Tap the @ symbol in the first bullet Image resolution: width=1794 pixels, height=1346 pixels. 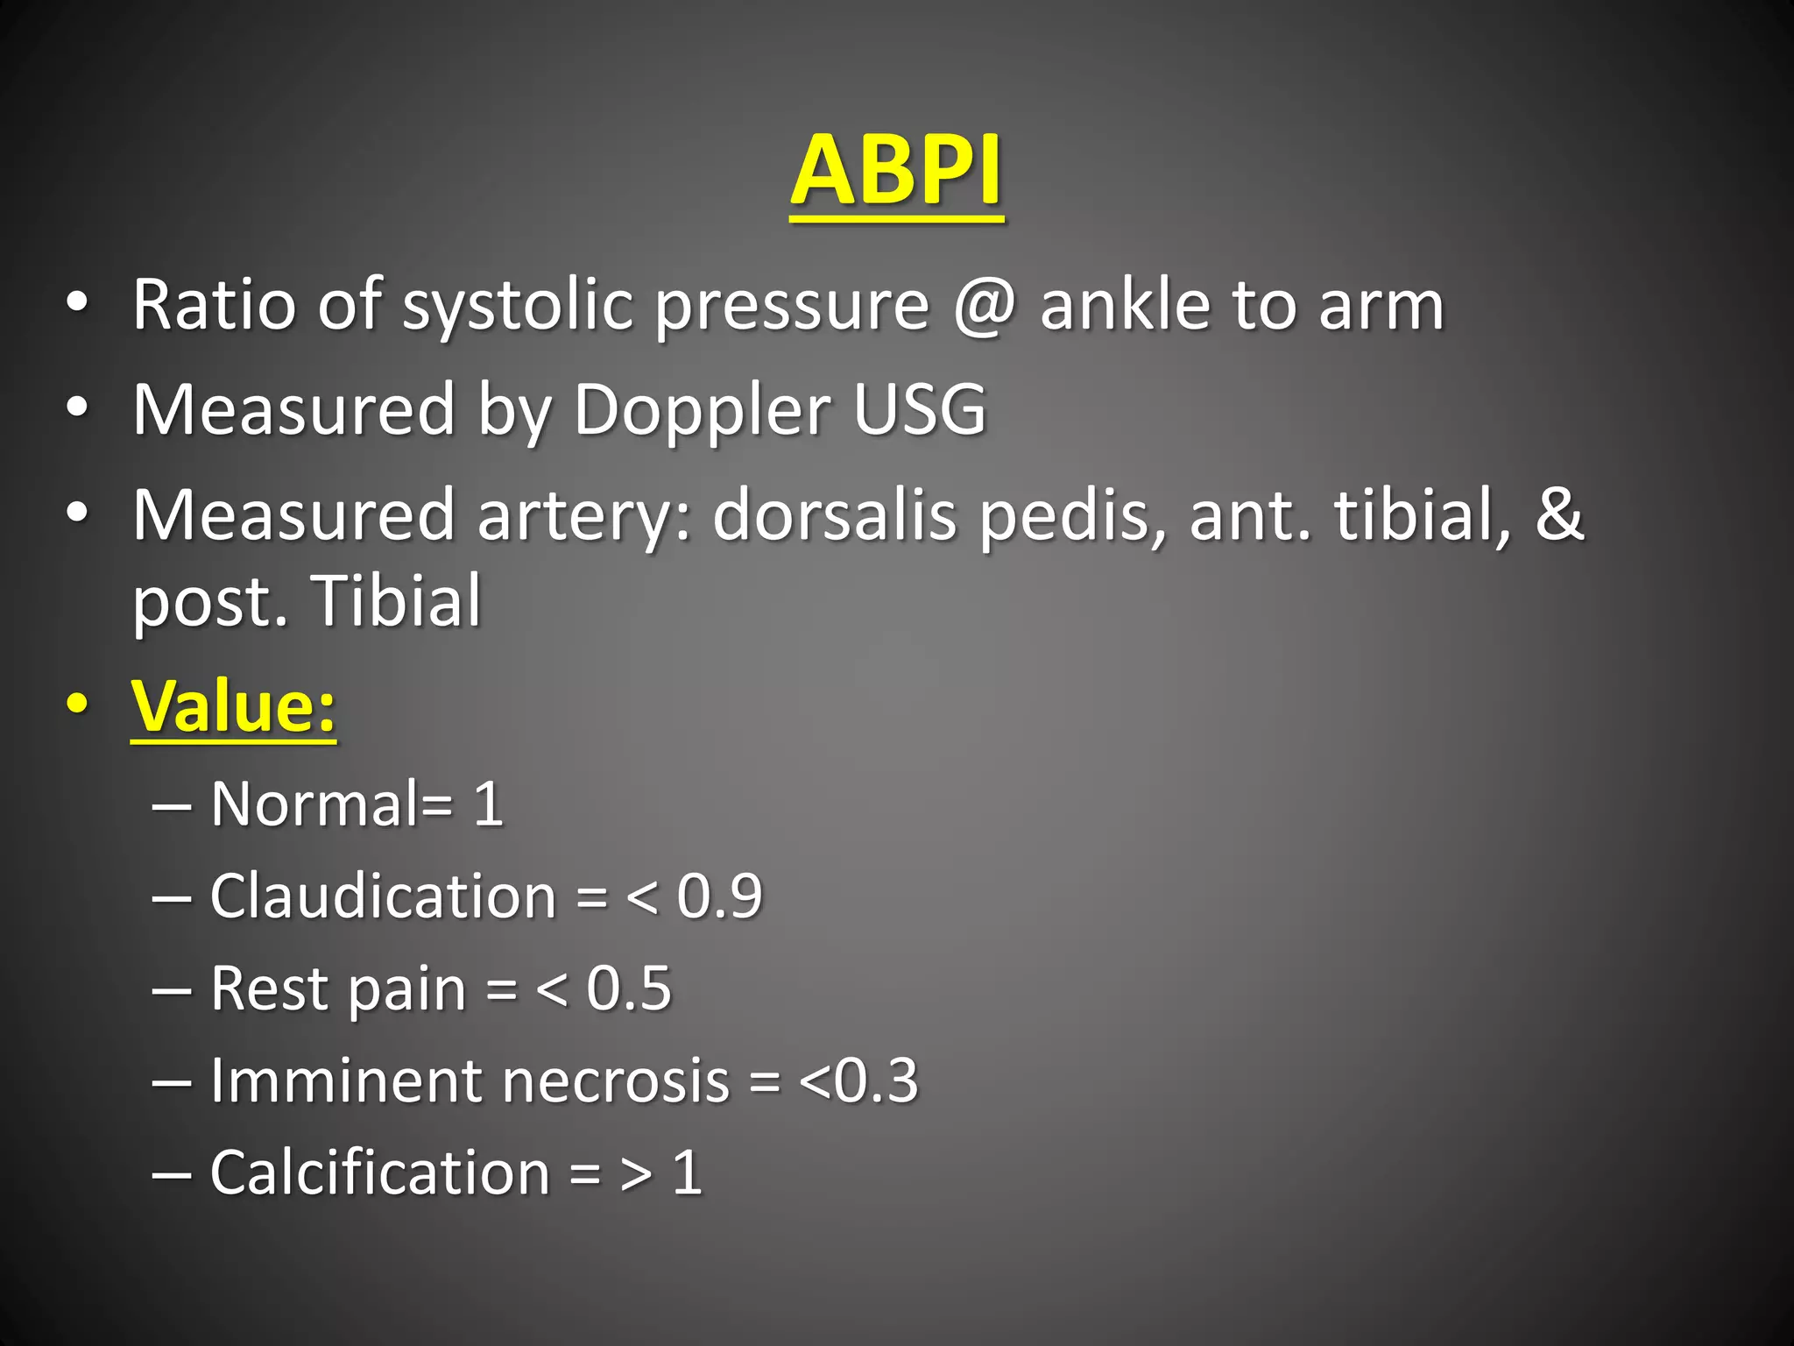[x=985, y=306]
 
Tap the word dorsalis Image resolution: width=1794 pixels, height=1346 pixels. [x=834, y=515]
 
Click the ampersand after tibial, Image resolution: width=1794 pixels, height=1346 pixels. [x=1559, y=514]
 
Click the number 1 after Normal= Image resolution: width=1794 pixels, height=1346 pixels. [x=488, y=804]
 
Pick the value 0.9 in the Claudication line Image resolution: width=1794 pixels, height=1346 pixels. [x=719, y=896]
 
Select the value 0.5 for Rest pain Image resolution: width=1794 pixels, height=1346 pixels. [x=628, y=988]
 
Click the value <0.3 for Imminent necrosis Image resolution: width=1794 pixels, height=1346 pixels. [x=859, y=1080]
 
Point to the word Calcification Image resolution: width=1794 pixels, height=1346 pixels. [x=379, y=1172]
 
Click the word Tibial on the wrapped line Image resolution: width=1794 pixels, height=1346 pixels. [x=396, y=601]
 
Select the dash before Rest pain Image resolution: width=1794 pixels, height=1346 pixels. [x=172, y=989]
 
